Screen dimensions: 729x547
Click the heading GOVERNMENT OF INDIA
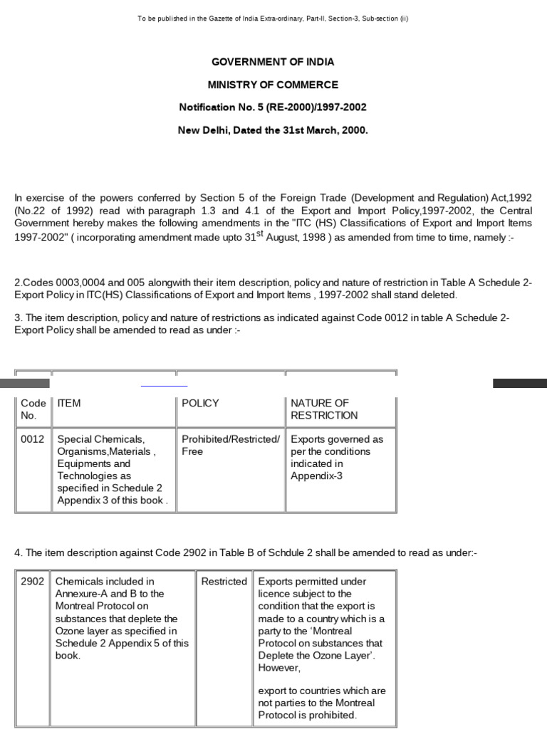(x=273, y=62)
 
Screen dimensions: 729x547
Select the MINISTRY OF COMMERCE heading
(x=273, y=85)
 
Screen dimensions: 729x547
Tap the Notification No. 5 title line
(x=273, y=107)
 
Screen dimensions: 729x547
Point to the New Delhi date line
(x=273, y=130)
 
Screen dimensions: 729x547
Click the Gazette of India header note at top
(x=273, y=19)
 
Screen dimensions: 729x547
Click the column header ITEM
(x=69, y=403)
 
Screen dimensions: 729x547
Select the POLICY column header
(x=200, y=403)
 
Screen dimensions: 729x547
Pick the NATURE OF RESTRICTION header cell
(x=324, y=409)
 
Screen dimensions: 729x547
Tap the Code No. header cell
(x=33, y=409)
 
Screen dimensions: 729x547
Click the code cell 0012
(x=33, y=439)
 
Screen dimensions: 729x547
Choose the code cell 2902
(x=32, y=582)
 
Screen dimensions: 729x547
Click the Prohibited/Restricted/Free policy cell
(x=230, y=445)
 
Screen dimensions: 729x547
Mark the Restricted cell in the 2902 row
(x=224, y=582)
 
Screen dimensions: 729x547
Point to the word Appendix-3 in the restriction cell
(x=316, y=476)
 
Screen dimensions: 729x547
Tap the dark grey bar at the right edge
(x=519, y=383)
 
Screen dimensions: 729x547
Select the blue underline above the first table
(x=164, y=385)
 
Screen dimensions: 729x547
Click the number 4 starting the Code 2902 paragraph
(x=17, y=552)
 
